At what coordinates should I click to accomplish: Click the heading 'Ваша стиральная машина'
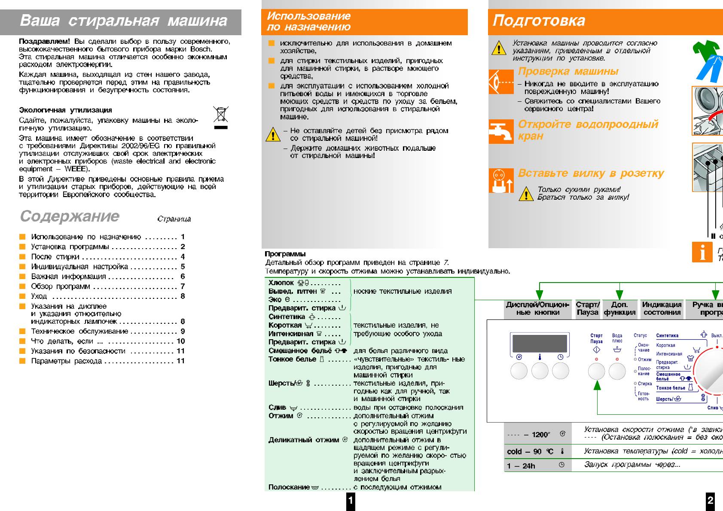point(124,21)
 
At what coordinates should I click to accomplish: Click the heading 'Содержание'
point(70,216)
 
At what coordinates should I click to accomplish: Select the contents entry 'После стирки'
point(55,257)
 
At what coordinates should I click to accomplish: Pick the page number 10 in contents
point(181,341)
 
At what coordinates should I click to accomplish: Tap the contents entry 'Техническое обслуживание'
point(79,332)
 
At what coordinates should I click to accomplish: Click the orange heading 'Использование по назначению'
point(308,21)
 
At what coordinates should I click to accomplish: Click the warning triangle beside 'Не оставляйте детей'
point(273,135)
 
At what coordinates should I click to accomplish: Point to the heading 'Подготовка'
point(539,21)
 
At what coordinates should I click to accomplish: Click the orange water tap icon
point(501,131)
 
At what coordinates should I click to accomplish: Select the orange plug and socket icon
point(501,181)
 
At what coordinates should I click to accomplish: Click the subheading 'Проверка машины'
point(568,71)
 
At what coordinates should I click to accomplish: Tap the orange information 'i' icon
point(702,252)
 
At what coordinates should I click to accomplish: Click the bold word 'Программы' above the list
point(285,254)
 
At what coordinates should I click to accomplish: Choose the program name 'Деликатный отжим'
point(304,440)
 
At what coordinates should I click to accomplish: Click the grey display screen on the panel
point(540,343)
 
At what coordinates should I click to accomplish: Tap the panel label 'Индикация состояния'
point(662,308)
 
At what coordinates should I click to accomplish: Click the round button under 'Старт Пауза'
point(596,371)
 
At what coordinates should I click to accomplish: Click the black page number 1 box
point(351,500)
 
